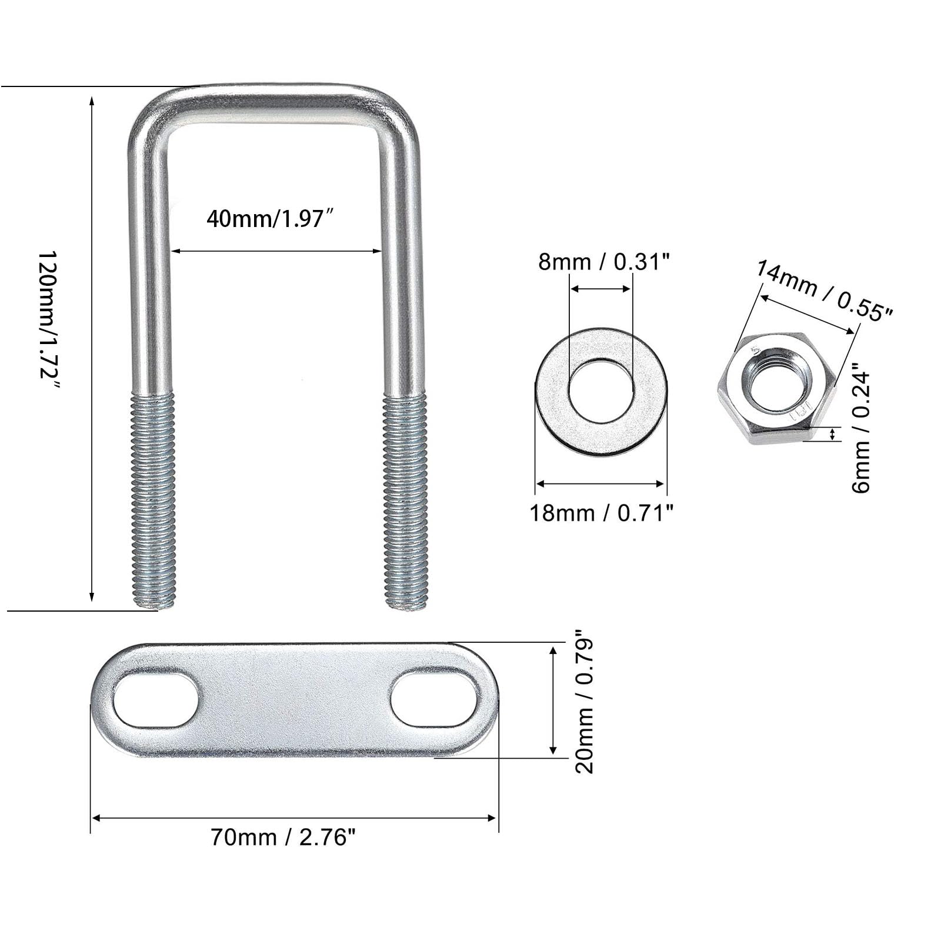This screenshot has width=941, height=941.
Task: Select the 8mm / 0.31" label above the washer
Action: coord(604,262)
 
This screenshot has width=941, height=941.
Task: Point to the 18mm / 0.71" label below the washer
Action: coord(601,513)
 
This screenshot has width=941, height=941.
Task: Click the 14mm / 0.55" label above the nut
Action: coord(824,291)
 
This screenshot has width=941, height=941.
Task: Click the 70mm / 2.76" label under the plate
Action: coord(283,837)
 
